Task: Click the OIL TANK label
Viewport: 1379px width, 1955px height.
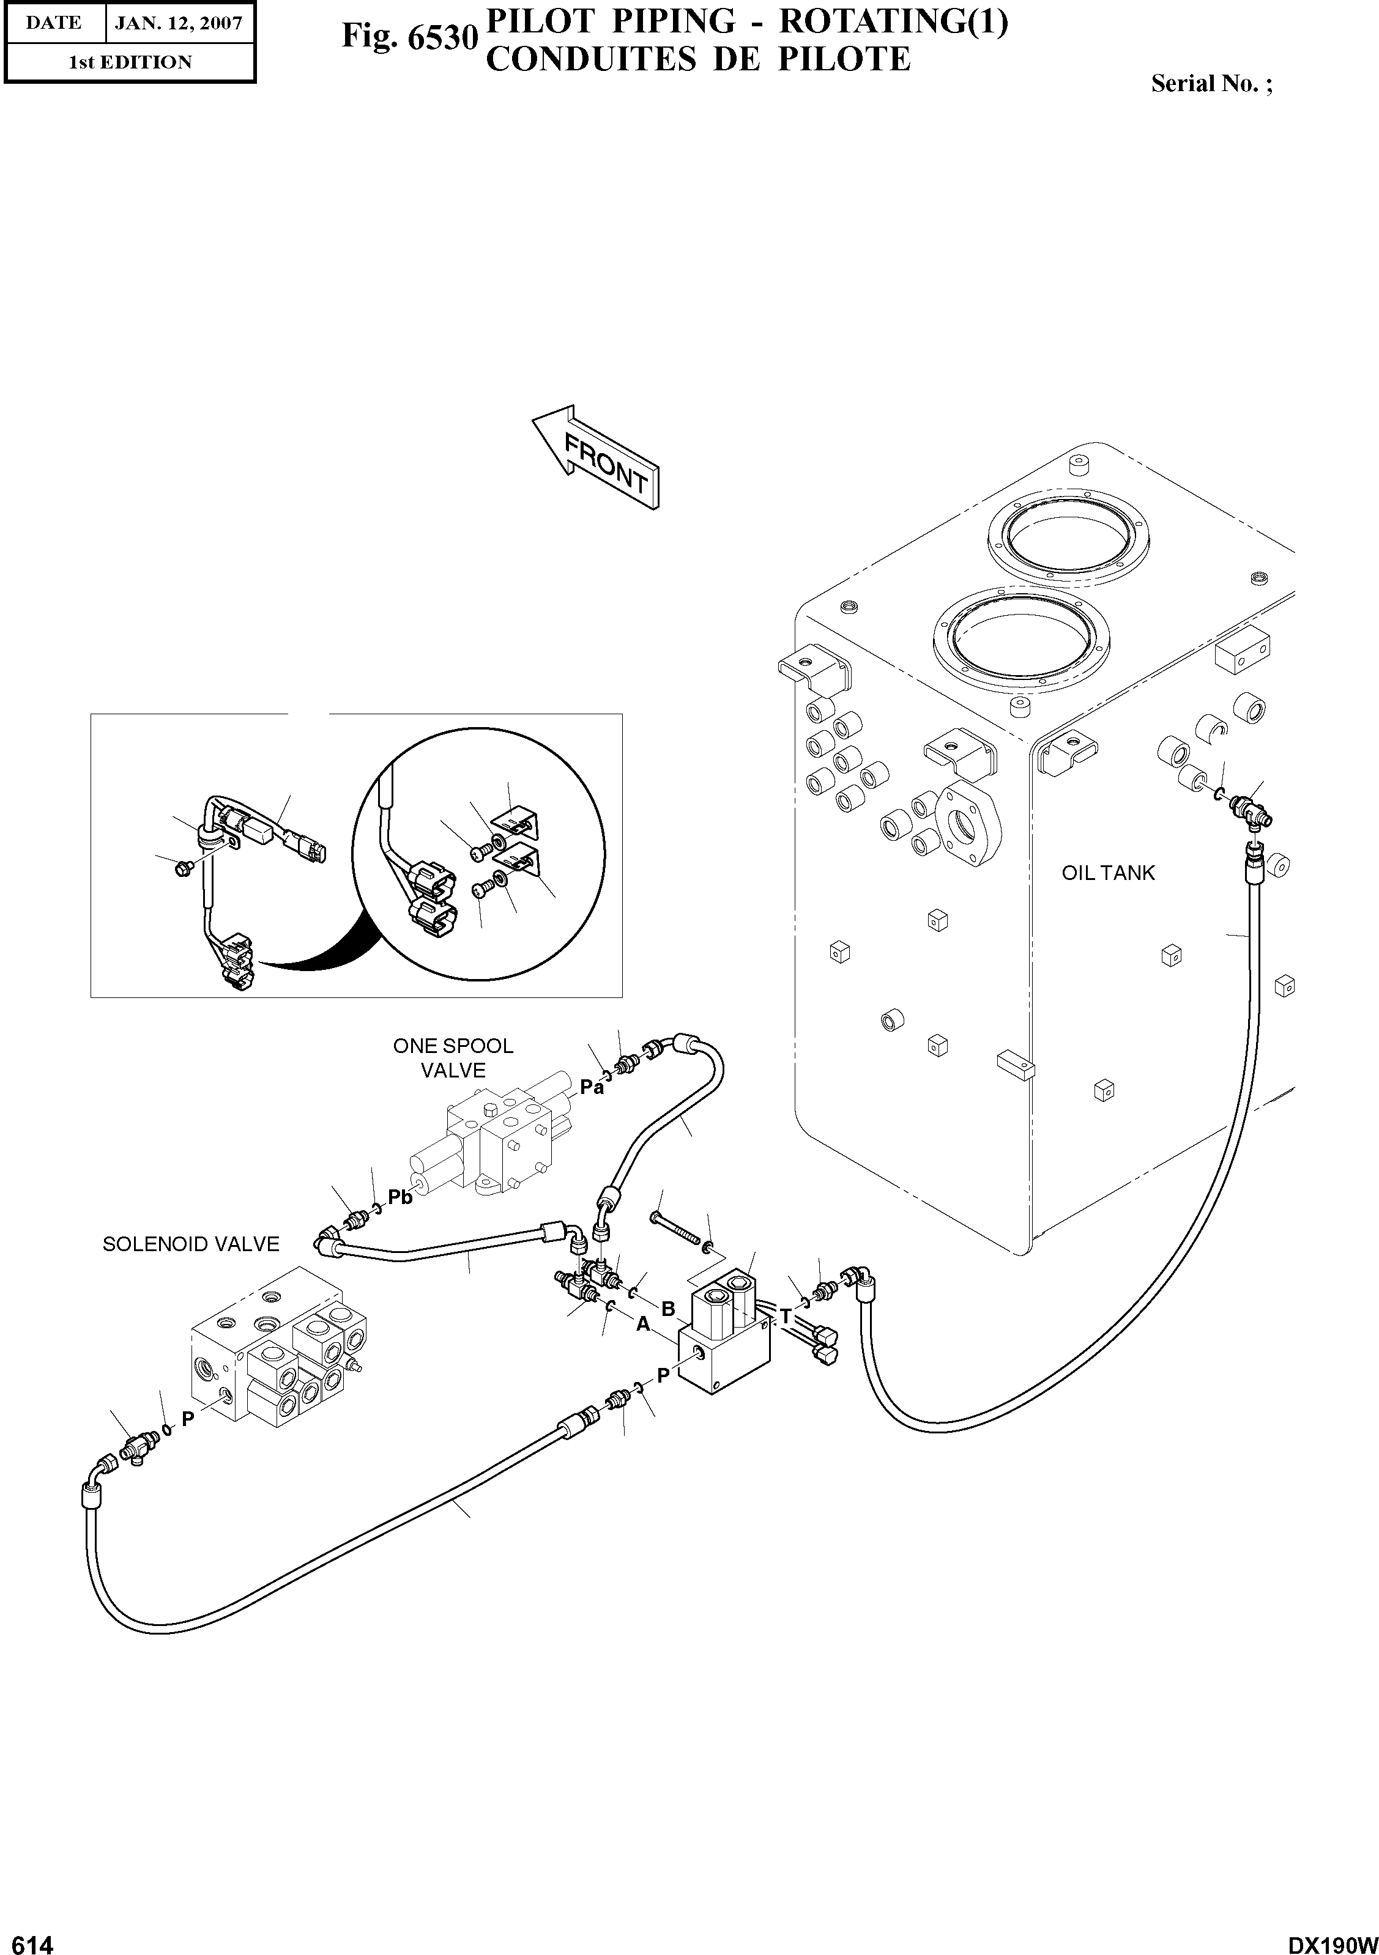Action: point(1107,873)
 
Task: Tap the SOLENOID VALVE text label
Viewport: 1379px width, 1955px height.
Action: point(191,1244)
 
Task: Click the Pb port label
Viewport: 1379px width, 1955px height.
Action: point(400,1197)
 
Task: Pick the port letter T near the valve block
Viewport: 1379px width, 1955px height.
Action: point(786,1317)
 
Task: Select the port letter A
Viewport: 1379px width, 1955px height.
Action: point(643,1324)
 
